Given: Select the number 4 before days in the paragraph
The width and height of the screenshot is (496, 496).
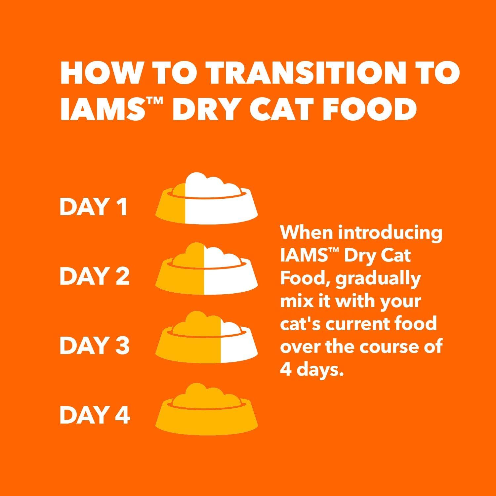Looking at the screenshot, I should [x=285, y=369].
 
